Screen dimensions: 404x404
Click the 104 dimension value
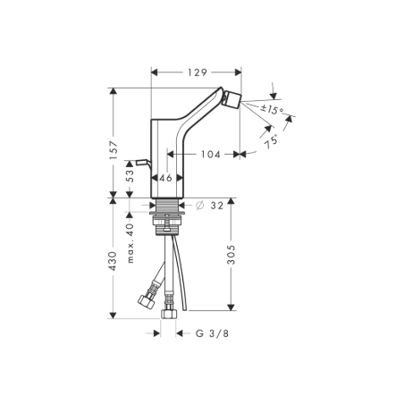click(x=210, y=155)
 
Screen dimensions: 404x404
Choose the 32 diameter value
click(x=216, y=206)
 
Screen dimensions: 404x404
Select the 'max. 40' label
click(x=130, y=243)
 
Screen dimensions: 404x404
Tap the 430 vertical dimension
click(x=114, y=259)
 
